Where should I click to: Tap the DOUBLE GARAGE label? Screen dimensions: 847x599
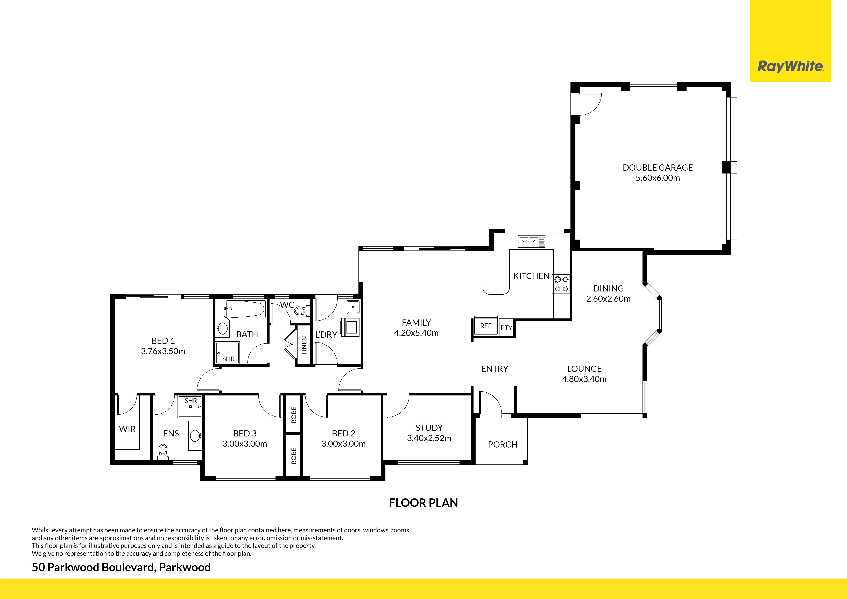658,168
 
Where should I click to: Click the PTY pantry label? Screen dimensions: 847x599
506,328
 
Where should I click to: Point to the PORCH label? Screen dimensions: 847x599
502,445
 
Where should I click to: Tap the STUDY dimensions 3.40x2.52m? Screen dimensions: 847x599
429,438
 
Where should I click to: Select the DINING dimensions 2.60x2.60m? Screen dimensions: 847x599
608,299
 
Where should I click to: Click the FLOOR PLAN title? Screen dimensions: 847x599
423,503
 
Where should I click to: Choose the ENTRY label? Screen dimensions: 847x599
495,369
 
